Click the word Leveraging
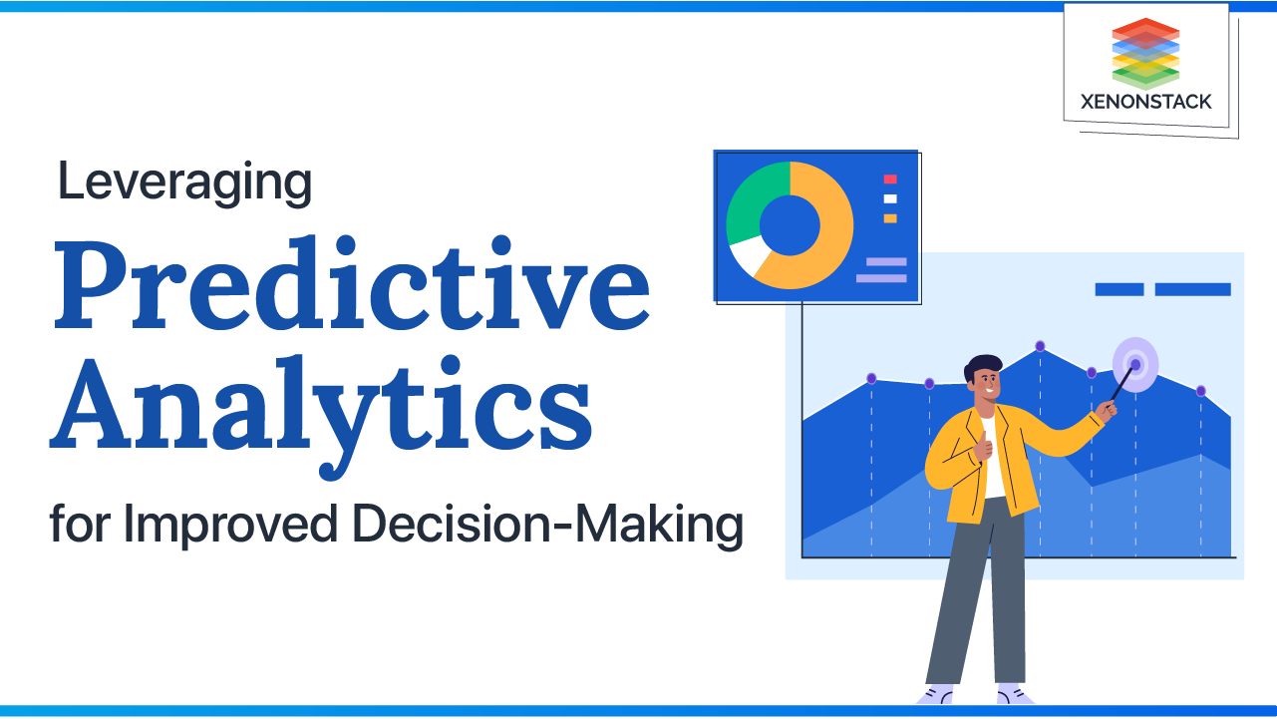coord(184,183)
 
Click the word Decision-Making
coord(583,525)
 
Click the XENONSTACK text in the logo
coord(1145,101)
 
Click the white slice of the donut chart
coord(746,256)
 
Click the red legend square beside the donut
coord(890,180)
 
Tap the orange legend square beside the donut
coord(890,217)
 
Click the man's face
coord(987,385)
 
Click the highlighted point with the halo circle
coord(1135,365)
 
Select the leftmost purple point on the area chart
coord(871,378)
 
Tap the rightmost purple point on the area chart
coord(1200,391)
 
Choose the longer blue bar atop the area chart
coord(1192,289)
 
